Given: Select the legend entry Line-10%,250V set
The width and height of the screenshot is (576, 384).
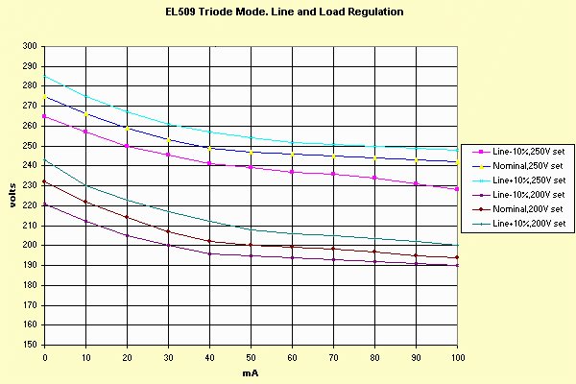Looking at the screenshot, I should [525, 151].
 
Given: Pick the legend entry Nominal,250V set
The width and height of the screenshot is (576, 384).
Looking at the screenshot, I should [525, 165].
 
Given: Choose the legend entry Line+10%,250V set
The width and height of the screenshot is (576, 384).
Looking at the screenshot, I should [525, 180].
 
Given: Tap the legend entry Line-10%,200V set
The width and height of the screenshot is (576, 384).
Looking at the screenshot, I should [525, 194].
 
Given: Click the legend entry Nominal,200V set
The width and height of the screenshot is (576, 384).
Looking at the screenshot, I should [525, 208].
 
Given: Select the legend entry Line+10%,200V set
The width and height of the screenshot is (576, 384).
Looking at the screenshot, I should [525, 223].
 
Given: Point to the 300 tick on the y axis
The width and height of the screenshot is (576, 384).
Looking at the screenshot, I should [31, 46].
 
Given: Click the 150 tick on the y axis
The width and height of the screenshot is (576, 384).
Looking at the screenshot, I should [31, 345].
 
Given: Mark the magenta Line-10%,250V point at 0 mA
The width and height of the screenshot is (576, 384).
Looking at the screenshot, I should [44, 116].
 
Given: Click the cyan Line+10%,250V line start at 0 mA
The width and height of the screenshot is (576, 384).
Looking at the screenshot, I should [44, 76].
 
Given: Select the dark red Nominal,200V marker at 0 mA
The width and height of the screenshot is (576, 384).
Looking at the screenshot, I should [44, 181].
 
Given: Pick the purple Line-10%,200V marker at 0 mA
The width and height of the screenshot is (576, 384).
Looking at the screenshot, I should [44, 204].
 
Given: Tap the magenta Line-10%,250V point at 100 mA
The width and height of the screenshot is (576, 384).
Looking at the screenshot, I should [458, 189].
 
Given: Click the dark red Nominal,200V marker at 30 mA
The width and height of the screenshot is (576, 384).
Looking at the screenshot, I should [169, 231].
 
